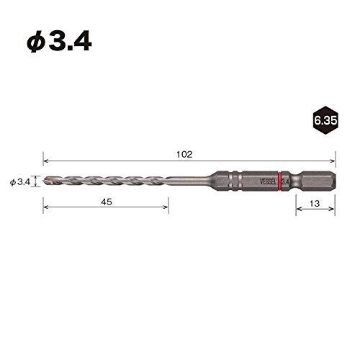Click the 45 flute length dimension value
(107, 204)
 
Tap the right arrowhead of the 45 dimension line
(166, 211)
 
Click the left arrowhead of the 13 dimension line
(297, 211)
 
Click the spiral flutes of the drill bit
(108, 181)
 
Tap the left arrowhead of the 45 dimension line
(46, 211)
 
